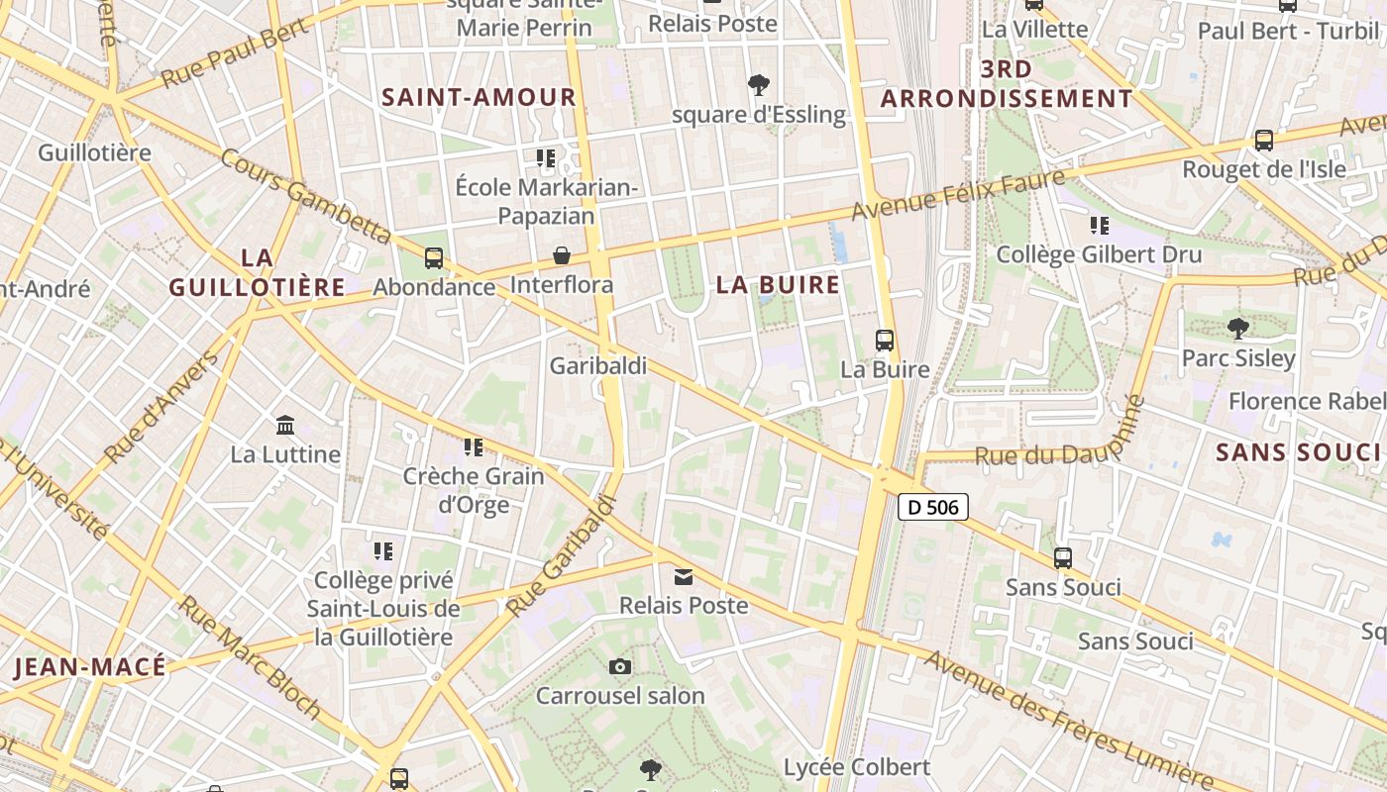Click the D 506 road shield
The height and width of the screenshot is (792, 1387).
[x=932, y=507]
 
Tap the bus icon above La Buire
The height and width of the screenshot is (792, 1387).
[x=885, y=341]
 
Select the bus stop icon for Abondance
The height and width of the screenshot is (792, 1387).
[x=433, y=258]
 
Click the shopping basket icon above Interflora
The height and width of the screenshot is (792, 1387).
[x=562, y=255]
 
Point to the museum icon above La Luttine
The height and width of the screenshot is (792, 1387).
[x=285, y=425]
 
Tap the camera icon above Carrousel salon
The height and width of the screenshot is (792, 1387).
[x=620, y=666]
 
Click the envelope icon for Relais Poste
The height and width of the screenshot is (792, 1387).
[x=684, y=576]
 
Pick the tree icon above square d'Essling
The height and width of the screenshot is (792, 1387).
[x=759, y=85]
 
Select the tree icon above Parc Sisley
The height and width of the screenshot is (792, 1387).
[x=1237, y=328]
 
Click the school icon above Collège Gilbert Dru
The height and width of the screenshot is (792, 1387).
[x=1099, y=226]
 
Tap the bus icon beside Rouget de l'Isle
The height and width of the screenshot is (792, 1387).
[x=1263, y=140]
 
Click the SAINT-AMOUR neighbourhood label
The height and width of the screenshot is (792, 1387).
[x=479, y=97]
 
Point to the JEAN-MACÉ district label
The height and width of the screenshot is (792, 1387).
[x=90, y=667]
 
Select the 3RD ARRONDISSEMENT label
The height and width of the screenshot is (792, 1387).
[x=1007, y=84]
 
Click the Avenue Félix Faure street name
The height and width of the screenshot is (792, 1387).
[x=959, y=194]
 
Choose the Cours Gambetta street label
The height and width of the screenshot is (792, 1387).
[x=306, y=196]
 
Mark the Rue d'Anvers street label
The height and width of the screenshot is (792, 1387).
[x=160, y=407]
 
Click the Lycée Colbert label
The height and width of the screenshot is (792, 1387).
[x=857, y=767]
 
